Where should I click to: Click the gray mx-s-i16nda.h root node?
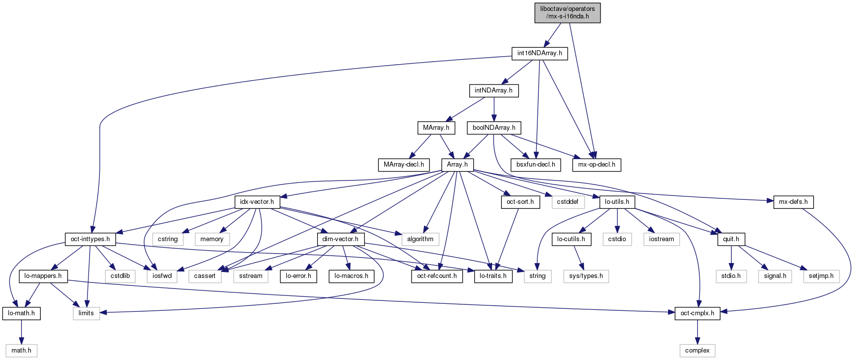(x=567, y=12)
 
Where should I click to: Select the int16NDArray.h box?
(x=539, y=53)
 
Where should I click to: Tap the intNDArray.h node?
(x=493, y=90)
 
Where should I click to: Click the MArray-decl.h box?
(x=404, y=165)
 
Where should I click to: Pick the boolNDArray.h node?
(x=494, y=128)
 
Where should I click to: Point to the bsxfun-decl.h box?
(x=536, y=165)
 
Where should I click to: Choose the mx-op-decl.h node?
(x=597, y=165)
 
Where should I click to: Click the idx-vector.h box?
(x=257, y=202)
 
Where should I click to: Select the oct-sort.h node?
(x=520, y=202)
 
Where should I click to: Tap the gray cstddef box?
(x=567, y=202)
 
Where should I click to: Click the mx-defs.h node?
(x=793, y=202)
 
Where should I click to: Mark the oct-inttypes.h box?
(x=90, y=239)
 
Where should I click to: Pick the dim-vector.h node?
(x=341, y=239)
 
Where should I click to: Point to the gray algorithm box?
(x=420, y=239)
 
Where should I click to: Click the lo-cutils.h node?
(x=571, y=239)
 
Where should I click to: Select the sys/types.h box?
(x=586, y=276)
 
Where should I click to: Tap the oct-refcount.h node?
(x=437, y=276)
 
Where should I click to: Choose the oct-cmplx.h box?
(x=697, y=313)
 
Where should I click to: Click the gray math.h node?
(x=21, y=351)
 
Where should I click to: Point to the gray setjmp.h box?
(x=821, y=276)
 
